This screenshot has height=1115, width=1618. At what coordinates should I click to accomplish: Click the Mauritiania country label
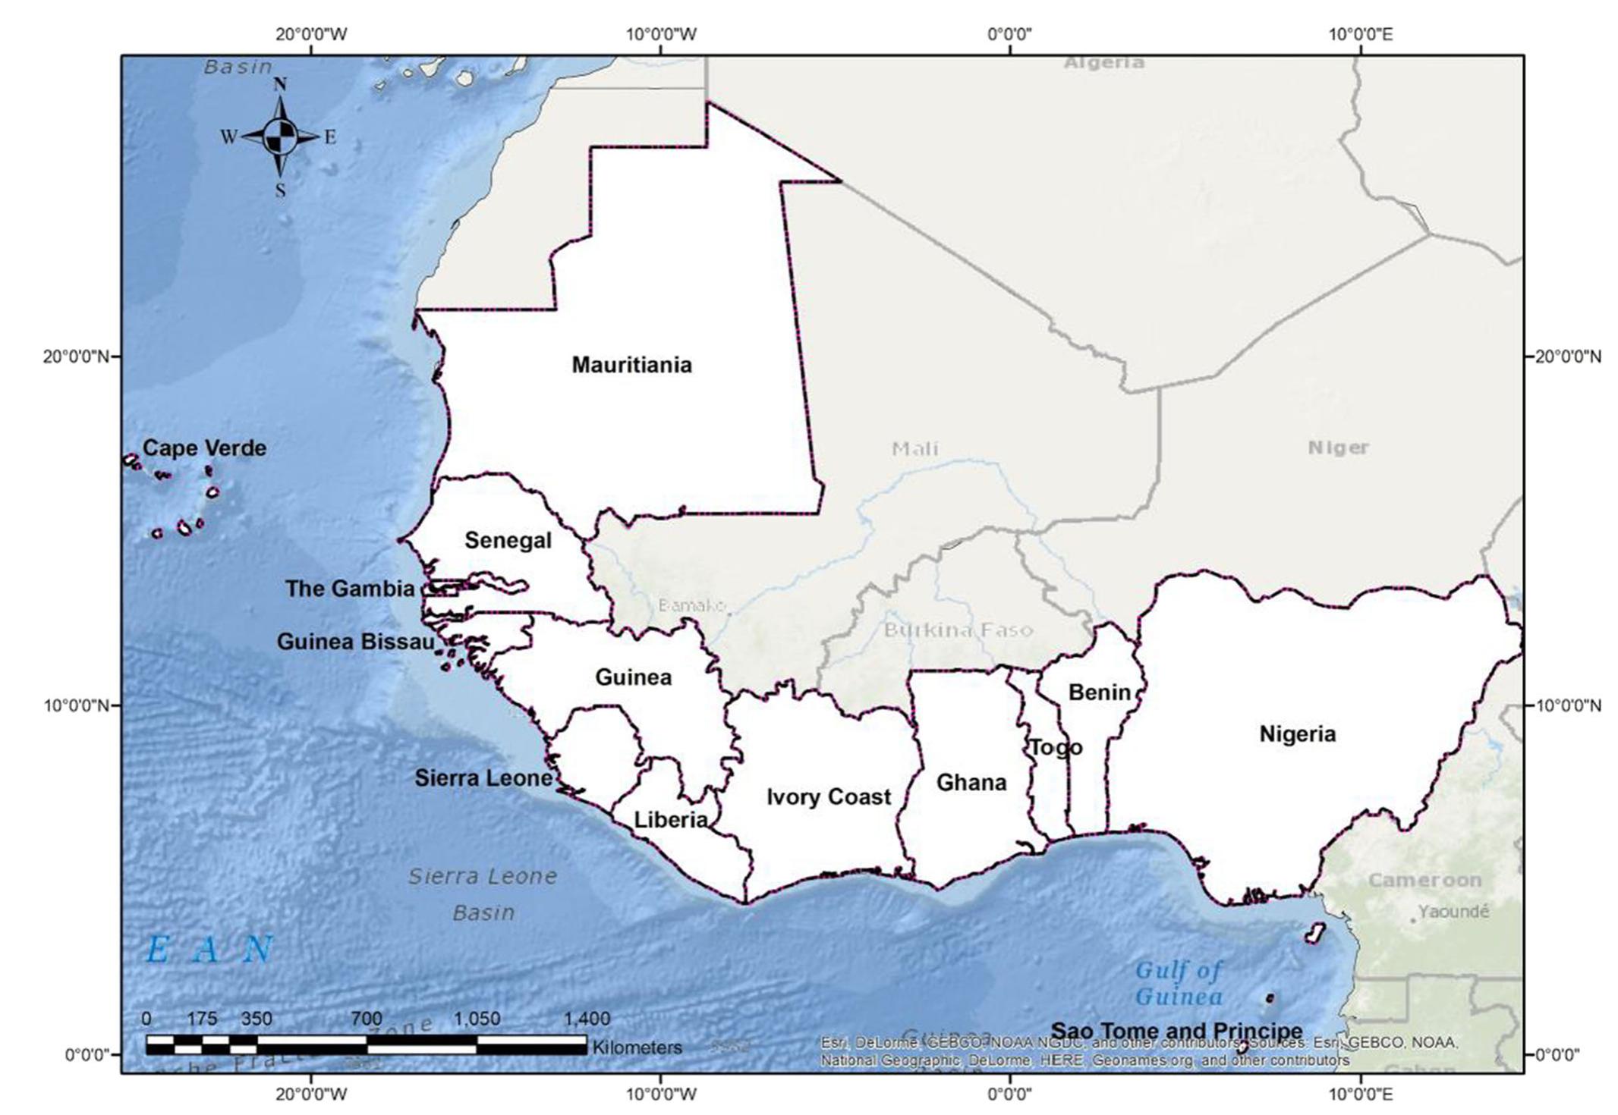(x=631, y=365)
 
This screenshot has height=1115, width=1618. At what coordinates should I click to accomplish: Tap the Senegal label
(x=508, y=540)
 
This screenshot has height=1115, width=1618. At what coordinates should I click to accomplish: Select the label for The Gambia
(x=350, y=589)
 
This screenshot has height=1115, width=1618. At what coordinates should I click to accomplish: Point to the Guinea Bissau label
(x=355, y=642)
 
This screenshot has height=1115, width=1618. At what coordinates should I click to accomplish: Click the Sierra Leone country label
(x=483, y=777)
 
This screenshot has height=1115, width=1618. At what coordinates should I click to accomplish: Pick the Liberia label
(x=671, y=819)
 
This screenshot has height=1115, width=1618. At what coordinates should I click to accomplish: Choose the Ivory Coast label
(x=829, y=796)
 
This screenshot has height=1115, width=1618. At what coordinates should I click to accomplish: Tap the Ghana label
(x=971, y=782)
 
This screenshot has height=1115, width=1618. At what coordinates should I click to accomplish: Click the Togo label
(x=1056, y=748)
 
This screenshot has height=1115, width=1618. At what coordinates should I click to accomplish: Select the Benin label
(x=1099, y=692)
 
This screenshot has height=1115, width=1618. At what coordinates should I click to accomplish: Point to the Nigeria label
(x=1298, y=733)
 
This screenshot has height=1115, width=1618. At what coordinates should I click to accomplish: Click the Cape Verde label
(x=205, y=448)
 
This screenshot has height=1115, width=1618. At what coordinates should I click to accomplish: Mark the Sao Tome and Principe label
(x=1176, y=1031)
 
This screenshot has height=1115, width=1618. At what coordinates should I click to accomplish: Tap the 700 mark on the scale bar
(x=367, y=1018)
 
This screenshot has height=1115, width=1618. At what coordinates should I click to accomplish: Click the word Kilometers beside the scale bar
(x=637, y=1047)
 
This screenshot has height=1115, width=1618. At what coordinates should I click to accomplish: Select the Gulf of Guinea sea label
(x=1179, y=982)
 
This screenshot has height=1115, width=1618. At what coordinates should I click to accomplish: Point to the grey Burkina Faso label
(x=958, y=630)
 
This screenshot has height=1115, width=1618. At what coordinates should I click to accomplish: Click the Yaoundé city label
(x=1453, y=911)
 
